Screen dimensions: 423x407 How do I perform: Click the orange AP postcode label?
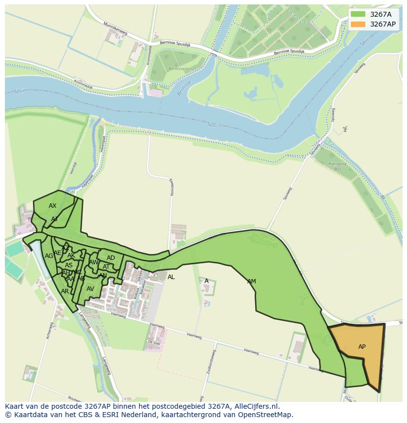pyautogui.click(x=362, y=347)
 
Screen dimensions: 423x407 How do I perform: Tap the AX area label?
pyautogui.click(x=53, y=206)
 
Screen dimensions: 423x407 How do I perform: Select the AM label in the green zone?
pyautogui.click(x=252, y=282)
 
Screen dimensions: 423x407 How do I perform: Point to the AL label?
pyautogui.click(x=171, y=277)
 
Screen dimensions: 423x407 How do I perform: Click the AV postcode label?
pyautogui.click(x=90, y=289)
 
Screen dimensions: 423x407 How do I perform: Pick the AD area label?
pyautogui.click(x=111, y=258)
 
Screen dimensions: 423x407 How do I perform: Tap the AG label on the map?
pyautogui.click(x=49, y=256)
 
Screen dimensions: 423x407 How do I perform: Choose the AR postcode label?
pyautogui.click(x=65, y=291)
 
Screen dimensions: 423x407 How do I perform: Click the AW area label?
pyautogui.click(x=93, y=262)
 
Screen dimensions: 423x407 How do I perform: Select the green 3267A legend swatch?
pyautogui.click(x=358, y=14)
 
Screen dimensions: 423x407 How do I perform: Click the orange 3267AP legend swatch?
pyautogui.click(x=358, y=24)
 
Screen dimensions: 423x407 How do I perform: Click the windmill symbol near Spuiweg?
pyautogui.click(x=345, y=129)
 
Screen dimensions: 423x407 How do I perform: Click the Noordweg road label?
pyautogui.click(x=172, y=187)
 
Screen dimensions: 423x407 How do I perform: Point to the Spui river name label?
pyautogui.click(x=211, y=125)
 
